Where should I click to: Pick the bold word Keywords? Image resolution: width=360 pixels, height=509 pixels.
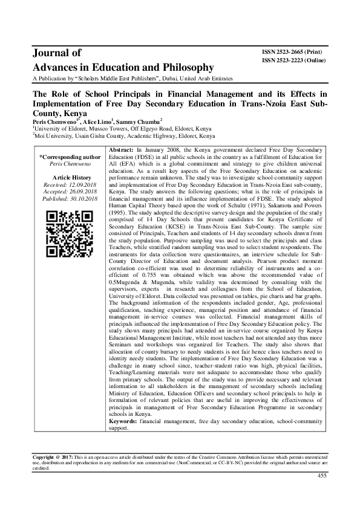[123, 420]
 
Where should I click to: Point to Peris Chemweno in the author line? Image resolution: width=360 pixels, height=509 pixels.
[53, 121]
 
